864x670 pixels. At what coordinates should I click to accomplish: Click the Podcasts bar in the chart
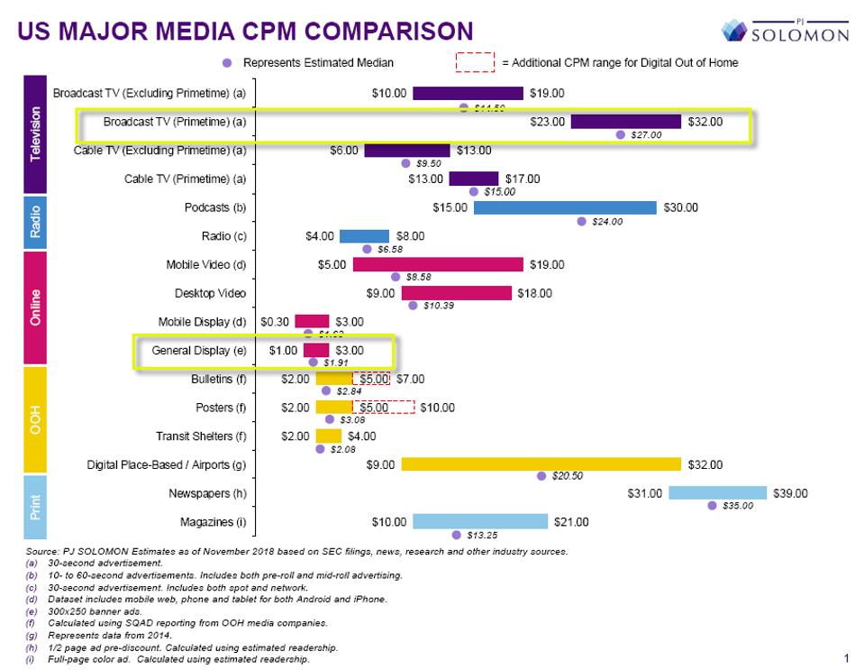click(565, 207)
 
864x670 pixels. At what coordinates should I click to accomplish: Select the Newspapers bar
click(718, 493)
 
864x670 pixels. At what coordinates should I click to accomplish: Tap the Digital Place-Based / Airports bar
click(541, 464)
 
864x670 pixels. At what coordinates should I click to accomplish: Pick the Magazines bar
click(480, 521)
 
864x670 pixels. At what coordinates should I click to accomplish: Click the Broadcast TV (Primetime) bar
click(625, 122)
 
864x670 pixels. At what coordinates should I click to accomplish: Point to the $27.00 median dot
click(621, 135)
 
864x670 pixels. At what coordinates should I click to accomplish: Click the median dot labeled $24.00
click(582, 221)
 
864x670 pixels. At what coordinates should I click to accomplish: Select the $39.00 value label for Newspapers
click(790, 493)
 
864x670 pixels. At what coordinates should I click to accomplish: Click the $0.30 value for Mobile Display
click(274, 322)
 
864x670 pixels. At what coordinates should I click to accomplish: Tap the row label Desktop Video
click(210, 293)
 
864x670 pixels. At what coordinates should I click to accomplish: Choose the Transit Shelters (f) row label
click(201, 436)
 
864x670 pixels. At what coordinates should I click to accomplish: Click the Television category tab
click(36, 134)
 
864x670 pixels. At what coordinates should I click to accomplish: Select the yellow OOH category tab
click(36, 419)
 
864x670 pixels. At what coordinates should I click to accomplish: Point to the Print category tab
click(36, 507)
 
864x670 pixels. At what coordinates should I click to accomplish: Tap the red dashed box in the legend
click(476, 62)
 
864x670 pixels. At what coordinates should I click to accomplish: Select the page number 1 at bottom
click(846, 659)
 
